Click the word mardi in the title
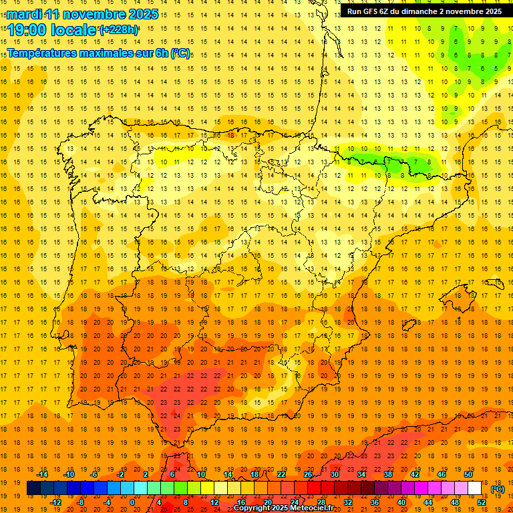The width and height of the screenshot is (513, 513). (x=25, y=13)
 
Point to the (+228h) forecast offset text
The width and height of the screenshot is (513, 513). (x=119, y=29)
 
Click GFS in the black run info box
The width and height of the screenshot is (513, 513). (x=373, y=11)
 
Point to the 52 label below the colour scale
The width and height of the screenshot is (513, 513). (x=482, y=502)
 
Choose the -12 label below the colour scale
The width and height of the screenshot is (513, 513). (x=56, y=502)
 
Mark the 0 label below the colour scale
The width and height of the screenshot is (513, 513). (x=132, y=502)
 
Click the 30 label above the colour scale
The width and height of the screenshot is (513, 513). (x=334, y=474)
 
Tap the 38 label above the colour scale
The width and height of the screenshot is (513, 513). (x=387, y=474)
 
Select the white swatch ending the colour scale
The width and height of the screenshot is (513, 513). (x=475, y=488)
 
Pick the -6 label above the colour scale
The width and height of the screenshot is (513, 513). (x=94, y=474)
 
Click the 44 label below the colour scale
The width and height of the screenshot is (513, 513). (x=427, y=502)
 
